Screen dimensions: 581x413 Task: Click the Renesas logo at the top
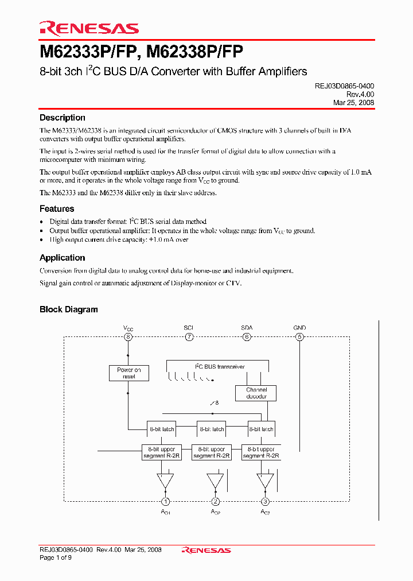89,28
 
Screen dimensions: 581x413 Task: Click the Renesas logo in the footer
206,550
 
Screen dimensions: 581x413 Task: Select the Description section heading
62,118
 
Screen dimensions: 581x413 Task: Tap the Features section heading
57,209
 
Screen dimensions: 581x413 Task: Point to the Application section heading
62,258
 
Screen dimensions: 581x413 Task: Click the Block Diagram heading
68,309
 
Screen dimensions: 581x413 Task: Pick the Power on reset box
128,373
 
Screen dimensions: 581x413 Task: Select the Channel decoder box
256,393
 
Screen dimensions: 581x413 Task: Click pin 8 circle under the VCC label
128,337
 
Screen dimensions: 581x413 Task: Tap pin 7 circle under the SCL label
189,337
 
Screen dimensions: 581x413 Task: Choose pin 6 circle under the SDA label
247,337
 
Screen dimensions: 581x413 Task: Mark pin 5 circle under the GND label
299,337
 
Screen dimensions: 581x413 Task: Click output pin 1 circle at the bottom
166,501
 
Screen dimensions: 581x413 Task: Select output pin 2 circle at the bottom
216,501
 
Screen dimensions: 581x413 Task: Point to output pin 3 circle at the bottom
265,501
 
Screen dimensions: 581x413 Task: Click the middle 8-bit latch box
211,429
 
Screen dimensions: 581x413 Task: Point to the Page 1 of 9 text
56,557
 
